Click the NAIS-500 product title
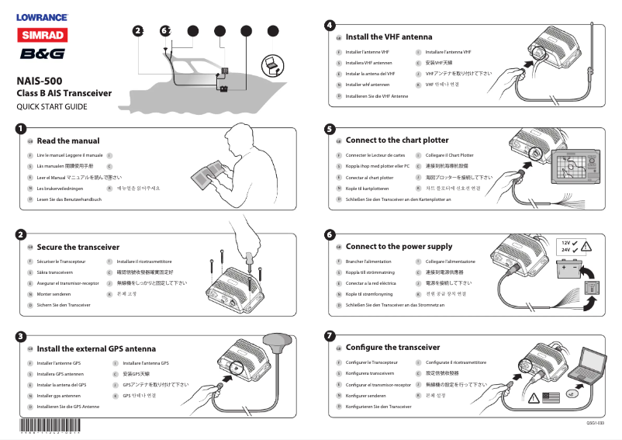40,80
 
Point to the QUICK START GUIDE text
52,106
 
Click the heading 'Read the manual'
68,141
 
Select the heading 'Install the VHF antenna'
389,36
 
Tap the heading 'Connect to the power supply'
399,247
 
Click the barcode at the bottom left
50,425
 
